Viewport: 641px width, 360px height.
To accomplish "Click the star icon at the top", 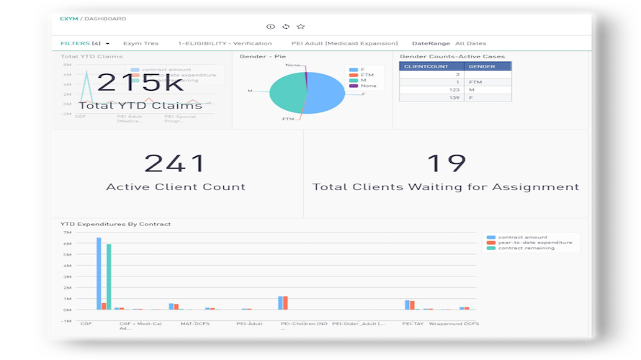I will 301,27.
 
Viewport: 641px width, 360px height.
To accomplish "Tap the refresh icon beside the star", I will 286,27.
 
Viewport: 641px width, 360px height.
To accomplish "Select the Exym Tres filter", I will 140,43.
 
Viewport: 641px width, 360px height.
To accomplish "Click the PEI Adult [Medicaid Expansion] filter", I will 344,43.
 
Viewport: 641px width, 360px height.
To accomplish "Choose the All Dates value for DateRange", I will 470,43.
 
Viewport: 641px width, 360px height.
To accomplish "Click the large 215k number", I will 140,83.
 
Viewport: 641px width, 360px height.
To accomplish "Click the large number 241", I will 175,163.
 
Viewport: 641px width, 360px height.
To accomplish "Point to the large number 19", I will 446,163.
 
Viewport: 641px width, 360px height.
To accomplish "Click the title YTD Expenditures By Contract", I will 115,224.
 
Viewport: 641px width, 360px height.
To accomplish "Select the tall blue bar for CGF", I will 99,274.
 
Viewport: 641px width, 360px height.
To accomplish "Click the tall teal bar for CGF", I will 109,277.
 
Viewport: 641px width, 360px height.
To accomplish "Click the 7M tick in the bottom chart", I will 67,233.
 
